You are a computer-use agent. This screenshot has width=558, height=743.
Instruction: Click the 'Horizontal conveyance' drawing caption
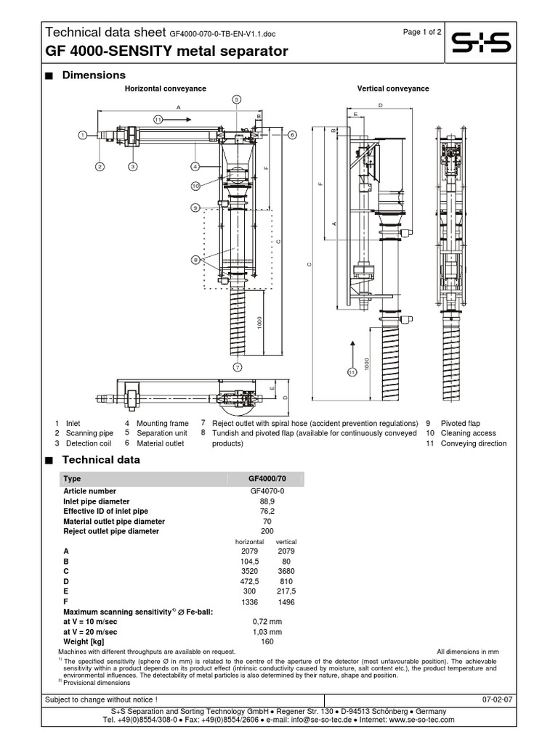coord(166,89)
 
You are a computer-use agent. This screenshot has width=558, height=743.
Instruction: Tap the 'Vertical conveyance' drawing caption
coord(393,89)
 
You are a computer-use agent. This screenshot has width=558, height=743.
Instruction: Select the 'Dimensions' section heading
coord(94,75)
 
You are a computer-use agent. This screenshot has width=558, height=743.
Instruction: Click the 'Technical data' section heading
coord(101,459)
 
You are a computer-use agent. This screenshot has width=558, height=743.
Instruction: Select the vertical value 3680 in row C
coord(286,571)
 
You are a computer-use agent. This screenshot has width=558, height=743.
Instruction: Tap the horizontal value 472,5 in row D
coord(249,581)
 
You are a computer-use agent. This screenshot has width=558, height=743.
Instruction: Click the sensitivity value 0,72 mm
coord(267,622)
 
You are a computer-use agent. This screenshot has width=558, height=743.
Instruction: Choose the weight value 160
coord(267,641)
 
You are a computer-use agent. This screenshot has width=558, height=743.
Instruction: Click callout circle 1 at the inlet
coord(83,134)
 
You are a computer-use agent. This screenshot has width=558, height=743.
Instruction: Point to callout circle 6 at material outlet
coord(292,134)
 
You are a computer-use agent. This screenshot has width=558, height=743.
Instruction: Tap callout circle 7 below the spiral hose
coord(237,367)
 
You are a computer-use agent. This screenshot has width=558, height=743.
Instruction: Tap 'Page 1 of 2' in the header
coord(421,33)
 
